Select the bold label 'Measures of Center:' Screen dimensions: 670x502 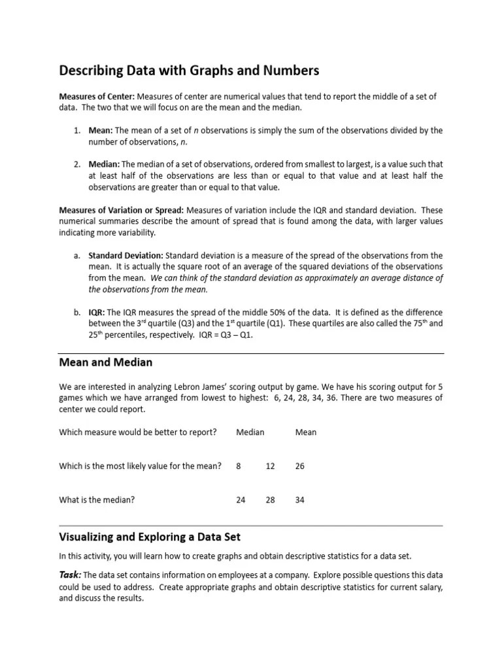coord(97,96)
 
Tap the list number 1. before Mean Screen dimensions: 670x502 coord(76,130)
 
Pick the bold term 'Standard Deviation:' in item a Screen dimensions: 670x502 coord(126,255)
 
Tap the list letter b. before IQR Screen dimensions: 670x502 coord(76,312)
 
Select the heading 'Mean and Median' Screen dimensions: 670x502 coord(105,362)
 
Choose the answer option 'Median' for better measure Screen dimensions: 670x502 coord(250,432)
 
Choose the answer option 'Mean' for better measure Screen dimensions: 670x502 coord(306,432)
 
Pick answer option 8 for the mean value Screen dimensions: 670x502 coord(239,466)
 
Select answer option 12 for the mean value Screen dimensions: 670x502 coord(271,466)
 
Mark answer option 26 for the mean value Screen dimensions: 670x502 coord(300,466)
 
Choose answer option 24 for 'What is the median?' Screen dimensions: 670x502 coord(241,500)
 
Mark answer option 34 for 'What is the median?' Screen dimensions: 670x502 coord(300,500)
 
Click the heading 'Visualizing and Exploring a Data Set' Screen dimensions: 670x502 coord(150,537)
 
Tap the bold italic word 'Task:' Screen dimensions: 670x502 coord(71,574)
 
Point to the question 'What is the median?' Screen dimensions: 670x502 coord(97,500)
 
